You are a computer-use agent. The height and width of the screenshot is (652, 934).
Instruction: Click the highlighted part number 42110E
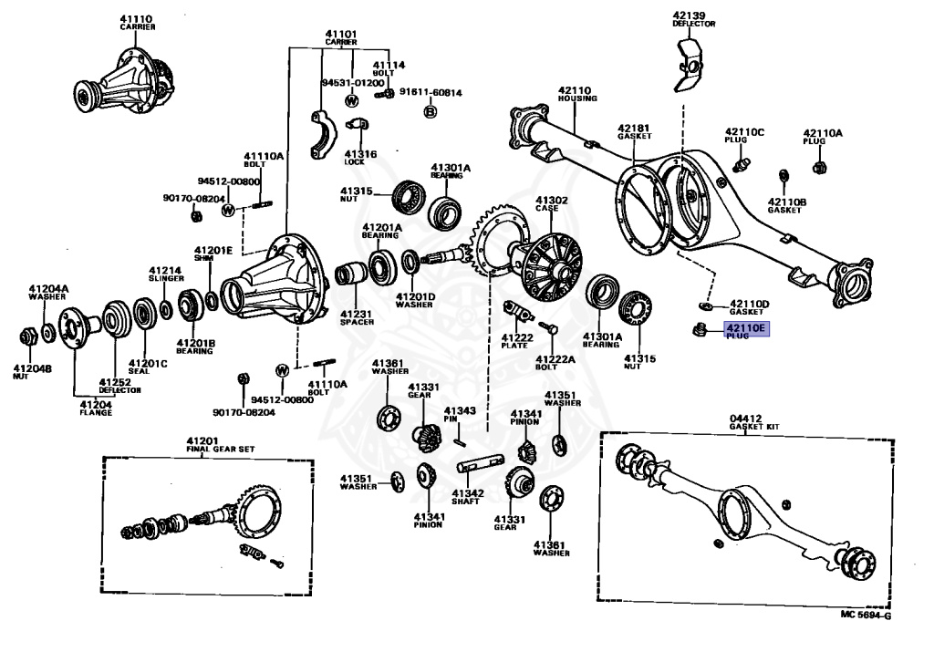(746, 329)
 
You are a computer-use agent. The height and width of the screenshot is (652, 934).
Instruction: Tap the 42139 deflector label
(693, 19)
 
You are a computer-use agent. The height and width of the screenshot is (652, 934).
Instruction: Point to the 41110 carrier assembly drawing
(122, 82)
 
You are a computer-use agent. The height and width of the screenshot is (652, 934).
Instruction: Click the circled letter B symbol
(430, 111)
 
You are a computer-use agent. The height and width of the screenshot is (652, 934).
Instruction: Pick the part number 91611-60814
(430, 92)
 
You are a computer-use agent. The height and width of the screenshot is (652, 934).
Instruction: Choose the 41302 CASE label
(551, 203)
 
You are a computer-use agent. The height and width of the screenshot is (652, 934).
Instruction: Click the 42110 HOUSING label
(577, 94)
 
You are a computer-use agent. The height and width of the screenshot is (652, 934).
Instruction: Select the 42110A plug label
(823, 136)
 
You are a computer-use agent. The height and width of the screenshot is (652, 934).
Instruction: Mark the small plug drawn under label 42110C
(740, 164)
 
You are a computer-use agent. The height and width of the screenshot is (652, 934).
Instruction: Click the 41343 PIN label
(460, 415)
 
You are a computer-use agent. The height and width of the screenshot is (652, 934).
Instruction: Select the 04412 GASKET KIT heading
(752, 422)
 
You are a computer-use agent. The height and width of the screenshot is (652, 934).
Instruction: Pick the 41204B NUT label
(32, 372)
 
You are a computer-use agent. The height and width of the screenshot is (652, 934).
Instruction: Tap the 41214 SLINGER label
(166, 274)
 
